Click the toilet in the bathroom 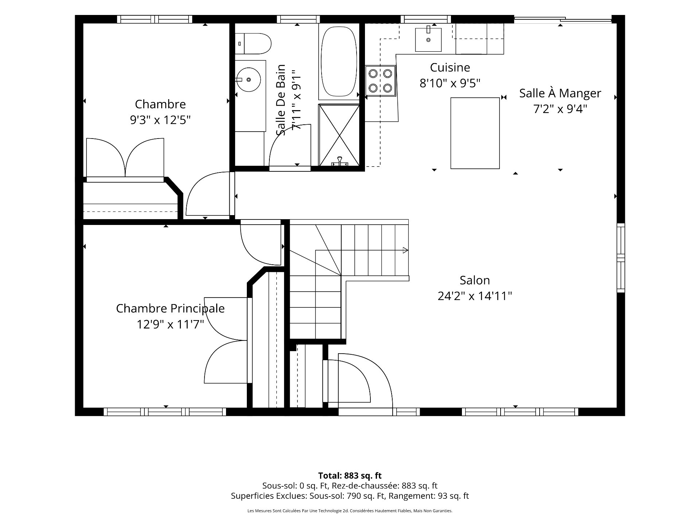253,44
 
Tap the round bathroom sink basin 249,79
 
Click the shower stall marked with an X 339,135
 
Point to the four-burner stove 380,81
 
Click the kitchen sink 428,40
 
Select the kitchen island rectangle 475,133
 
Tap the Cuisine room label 450,67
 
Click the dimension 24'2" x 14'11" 475,296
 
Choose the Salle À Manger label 560,93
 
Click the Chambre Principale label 170,308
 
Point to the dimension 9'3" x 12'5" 160,120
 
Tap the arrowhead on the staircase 405,250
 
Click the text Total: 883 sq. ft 350,475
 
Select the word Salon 475,280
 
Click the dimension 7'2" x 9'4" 560,109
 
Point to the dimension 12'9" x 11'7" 170,324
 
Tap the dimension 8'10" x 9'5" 450,83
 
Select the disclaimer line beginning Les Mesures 350,511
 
